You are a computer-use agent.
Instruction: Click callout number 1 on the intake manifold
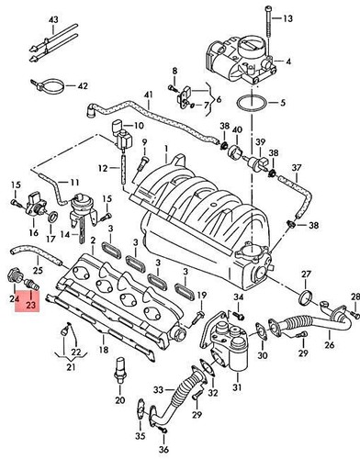pyautogui.click(x=165, y=148)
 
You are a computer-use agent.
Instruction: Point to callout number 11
pyautogui.click(x=74, y=182)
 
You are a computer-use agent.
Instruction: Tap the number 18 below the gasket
pyautogui.click(x=104, y=351)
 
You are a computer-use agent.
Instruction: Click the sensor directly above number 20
pyautogui.click(x=118, y=378)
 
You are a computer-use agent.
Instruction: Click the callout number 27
pyautogui.click(x=308, y=274)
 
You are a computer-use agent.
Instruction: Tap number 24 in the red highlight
pyautogui.click(x=16, y=298)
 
